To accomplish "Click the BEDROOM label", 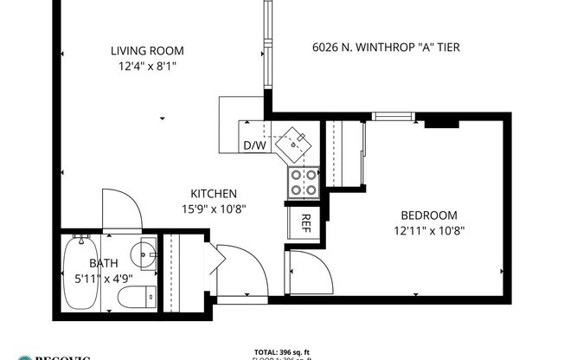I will [x=428, y=215].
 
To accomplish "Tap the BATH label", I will [x=104, y=264].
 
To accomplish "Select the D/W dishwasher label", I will [x=254, y=145].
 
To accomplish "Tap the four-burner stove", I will [x=304, y=181].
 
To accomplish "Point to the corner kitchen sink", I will [x=297, y=142].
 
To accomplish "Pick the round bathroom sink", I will [x=144, y=255].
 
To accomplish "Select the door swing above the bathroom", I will [x=119, y=210].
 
